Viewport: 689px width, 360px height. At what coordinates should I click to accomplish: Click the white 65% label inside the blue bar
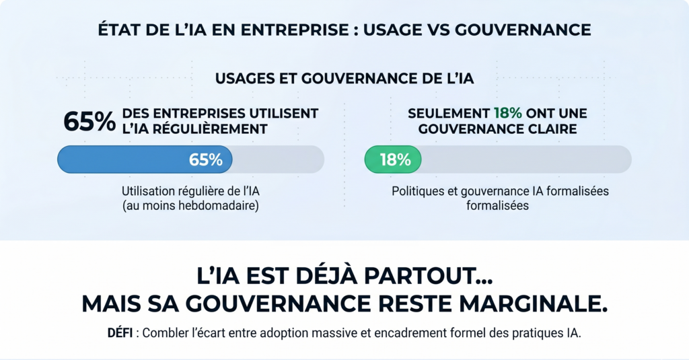[205, 160]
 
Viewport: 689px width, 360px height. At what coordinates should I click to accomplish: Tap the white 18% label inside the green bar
[395, 160]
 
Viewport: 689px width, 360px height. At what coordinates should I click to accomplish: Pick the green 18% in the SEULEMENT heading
[507, 113]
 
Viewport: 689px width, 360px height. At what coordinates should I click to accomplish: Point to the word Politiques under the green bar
[416, 191]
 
